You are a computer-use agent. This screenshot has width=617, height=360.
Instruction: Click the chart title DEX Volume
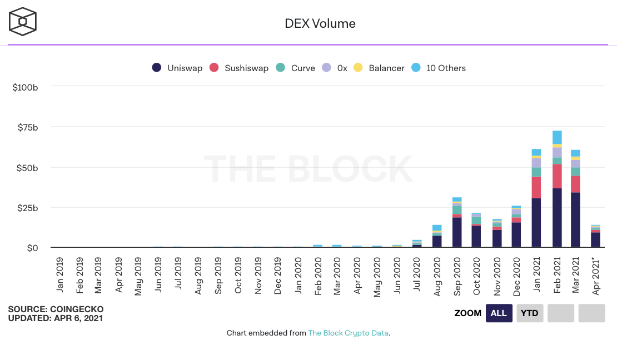click(320, 23)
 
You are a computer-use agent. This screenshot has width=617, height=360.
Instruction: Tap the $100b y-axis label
click(25, 87)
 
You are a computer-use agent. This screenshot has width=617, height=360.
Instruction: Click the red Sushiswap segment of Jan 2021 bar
click(536, 187)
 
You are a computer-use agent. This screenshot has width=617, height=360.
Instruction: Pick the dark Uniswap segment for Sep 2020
click(457, 232)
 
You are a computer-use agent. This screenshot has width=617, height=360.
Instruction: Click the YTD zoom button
click(529, 313)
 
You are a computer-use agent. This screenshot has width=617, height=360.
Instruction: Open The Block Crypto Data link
click(349, 333)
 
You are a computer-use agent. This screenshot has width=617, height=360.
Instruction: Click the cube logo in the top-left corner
click(23, 22)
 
